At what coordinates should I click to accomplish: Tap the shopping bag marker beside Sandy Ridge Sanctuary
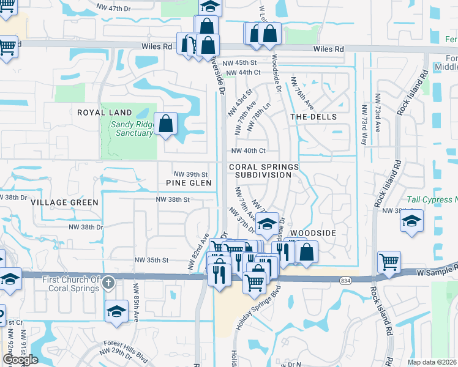166,124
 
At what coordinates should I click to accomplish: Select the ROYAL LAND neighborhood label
104,113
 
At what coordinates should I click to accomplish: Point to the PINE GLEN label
189,183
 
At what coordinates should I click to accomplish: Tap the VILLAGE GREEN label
64,202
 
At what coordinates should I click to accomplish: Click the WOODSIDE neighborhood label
313,234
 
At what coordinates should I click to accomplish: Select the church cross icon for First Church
108,283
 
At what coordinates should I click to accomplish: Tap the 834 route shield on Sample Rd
345,280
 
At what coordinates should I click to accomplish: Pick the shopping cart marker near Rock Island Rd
389,262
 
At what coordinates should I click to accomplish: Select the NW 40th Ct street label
248,150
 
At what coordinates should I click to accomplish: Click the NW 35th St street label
152,260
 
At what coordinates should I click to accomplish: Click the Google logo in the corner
20,360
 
